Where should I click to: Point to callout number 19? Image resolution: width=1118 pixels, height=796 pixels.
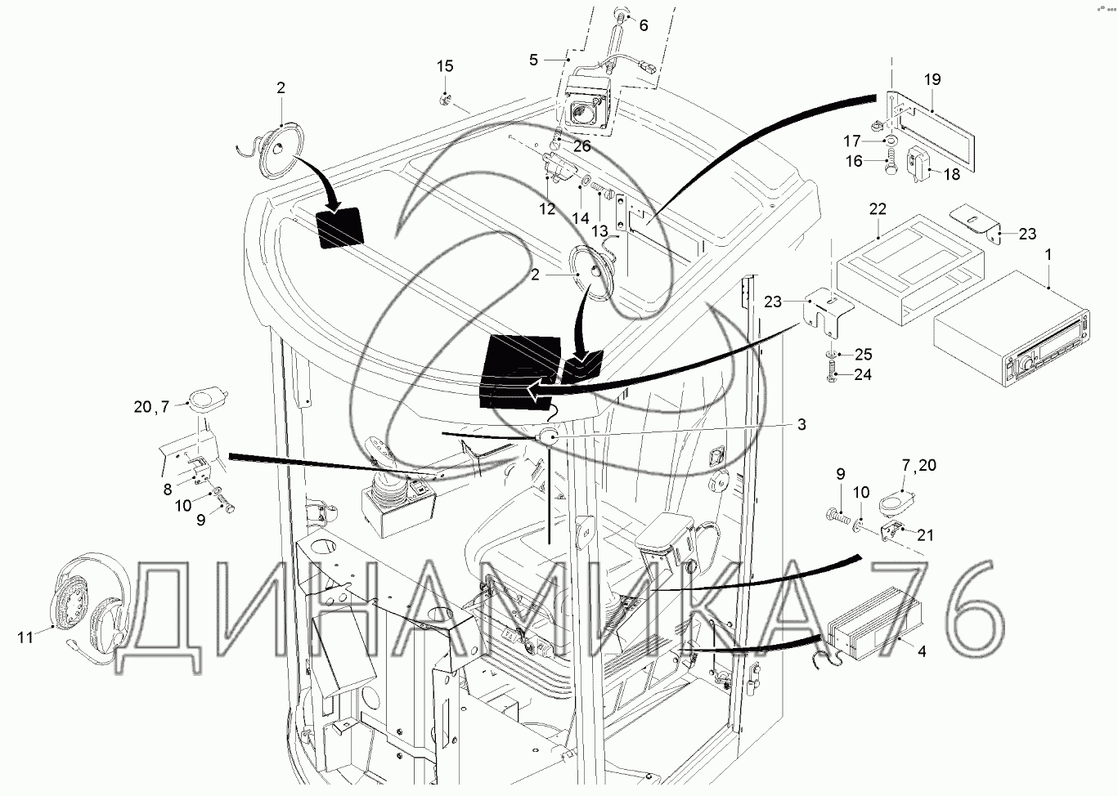[932, 79]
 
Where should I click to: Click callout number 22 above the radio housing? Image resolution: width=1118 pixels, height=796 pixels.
[877, 209]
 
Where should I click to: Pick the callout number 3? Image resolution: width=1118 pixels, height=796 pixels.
[801, 424]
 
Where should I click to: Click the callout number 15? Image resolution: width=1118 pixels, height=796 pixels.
[444, 66]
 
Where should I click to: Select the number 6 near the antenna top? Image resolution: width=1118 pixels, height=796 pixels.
[643, 25]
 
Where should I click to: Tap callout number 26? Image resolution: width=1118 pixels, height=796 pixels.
[581, 147]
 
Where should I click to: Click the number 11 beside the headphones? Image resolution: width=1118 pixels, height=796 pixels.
[25, 636]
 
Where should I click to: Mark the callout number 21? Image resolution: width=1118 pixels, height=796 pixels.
[925, 535]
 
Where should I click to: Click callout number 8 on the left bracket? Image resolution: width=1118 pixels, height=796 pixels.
[167, 490]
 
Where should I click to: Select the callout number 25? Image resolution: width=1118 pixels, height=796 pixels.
[863, 355]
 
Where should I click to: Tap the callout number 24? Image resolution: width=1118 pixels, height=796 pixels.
[863, 375]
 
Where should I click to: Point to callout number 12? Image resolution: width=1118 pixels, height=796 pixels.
[547, 209]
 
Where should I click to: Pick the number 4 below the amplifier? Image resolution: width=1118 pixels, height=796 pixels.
[922, 651]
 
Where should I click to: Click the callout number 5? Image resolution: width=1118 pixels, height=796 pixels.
[533, 59]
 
